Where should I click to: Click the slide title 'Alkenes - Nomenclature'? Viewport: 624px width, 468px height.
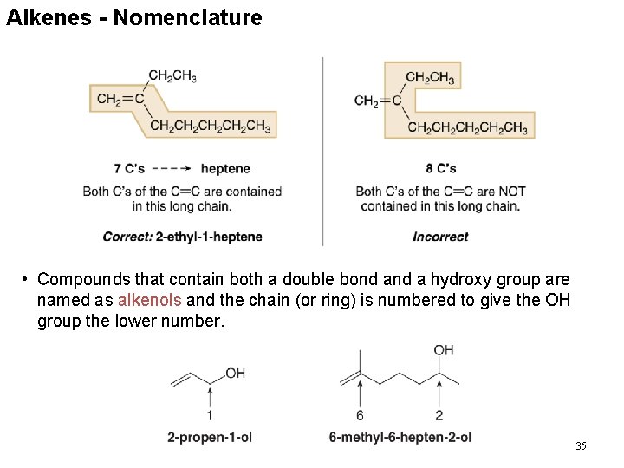pos(134,17)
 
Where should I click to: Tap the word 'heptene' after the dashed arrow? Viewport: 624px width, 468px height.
pos(225,168)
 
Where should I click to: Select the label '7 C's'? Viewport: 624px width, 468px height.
pos(129,168)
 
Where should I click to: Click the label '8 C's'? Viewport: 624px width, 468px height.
pos(441,168)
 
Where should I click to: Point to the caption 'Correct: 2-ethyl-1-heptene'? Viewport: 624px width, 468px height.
pos(182,237)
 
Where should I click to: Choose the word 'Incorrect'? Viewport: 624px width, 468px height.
pos(440,237)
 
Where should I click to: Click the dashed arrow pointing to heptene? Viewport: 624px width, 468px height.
pos(172,168)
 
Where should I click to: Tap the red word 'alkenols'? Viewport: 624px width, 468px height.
pos(149,301)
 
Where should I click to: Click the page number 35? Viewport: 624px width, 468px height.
pos(581,445)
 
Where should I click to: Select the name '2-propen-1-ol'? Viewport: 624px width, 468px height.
pos(210,437)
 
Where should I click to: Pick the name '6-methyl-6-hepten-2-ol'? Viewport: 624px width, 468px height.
pos(400,437)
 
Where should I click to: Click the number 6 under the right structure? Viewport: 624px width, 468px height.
pos(360,416)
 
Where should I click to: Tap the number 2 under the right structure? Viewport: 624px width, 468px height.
pos(439,416)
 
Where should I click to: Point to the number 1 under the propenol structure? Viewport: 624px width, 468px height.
pos(210,416)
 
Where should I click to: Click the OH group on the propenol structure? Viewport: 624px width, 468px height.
pos(236,374)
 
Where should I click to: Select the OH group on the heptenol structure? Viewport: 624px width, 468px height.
pos(444,350)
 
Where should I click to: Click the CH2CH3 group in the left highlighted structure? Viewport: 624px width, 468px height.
pos(172,76)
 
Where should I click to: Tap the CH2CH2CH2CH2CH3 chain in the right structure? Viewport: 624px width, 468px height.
pos(467,128)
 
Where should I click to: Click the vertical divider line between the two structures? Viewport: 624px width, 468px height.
pos(323,152)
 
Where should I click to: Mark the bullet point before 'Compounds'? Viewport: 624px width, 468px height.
pos(27,279)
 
